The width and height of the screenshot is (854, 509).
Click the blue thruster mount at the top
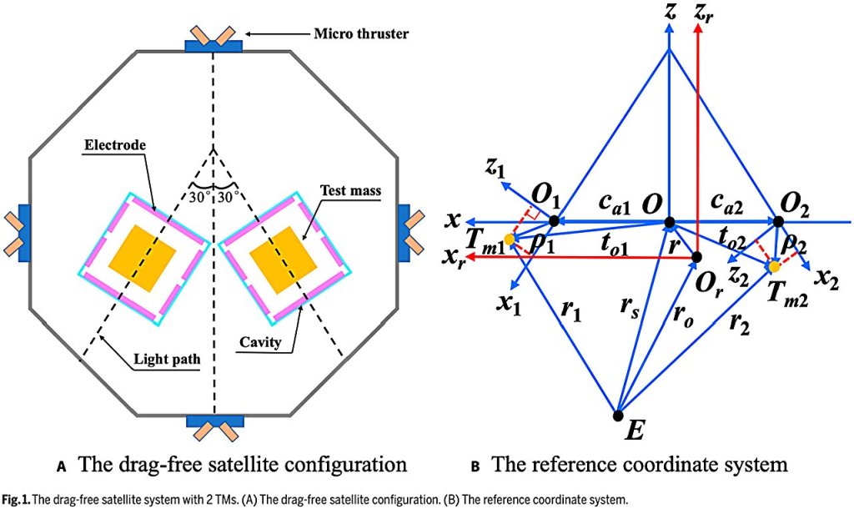[x=213, y=44]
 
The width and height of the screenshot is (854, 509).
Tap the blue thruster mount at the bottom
[x=213, y=421]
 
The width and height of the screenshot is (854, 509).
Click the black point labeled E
[x=617, y=415]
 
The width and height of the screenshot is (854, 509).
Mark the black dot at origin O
[x=668, y=222]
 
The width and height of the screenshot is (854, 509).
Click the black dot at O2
[x=778, y=222]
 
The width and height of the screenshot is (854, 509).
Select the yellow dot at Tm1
[x=510, y=240]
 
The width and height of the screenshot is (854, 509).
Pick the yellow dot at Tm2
[x=774, y=266]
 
